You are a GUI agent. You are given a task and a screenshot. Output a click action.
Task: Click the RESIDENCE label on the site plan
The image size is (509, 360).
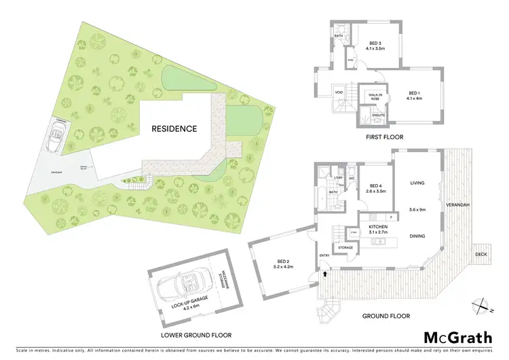point(174,128)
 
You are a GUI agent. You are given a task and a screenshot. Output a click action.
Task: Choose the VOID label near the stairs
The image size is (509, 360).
point(339,93)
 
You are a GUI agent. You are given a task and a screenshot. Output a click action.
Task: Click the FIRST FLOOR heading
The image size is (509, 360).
point(383,137)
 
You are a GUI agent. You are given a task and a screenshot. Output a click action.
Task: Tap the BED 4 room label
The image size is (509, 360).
point(377,189)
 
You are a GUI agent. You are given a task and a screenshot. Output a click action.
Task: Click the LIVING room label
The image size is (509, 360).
point(417,183)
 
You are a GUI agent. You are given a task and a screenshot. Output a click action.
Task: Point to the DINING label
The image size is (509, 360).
point(417,236)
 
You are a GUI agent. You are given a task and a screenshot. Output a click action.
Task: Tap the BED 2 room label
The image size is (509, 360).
point(284,264)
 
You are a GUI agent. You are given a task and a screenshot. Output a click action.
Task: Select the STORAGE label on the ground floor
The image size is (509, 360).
point(345,248)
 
